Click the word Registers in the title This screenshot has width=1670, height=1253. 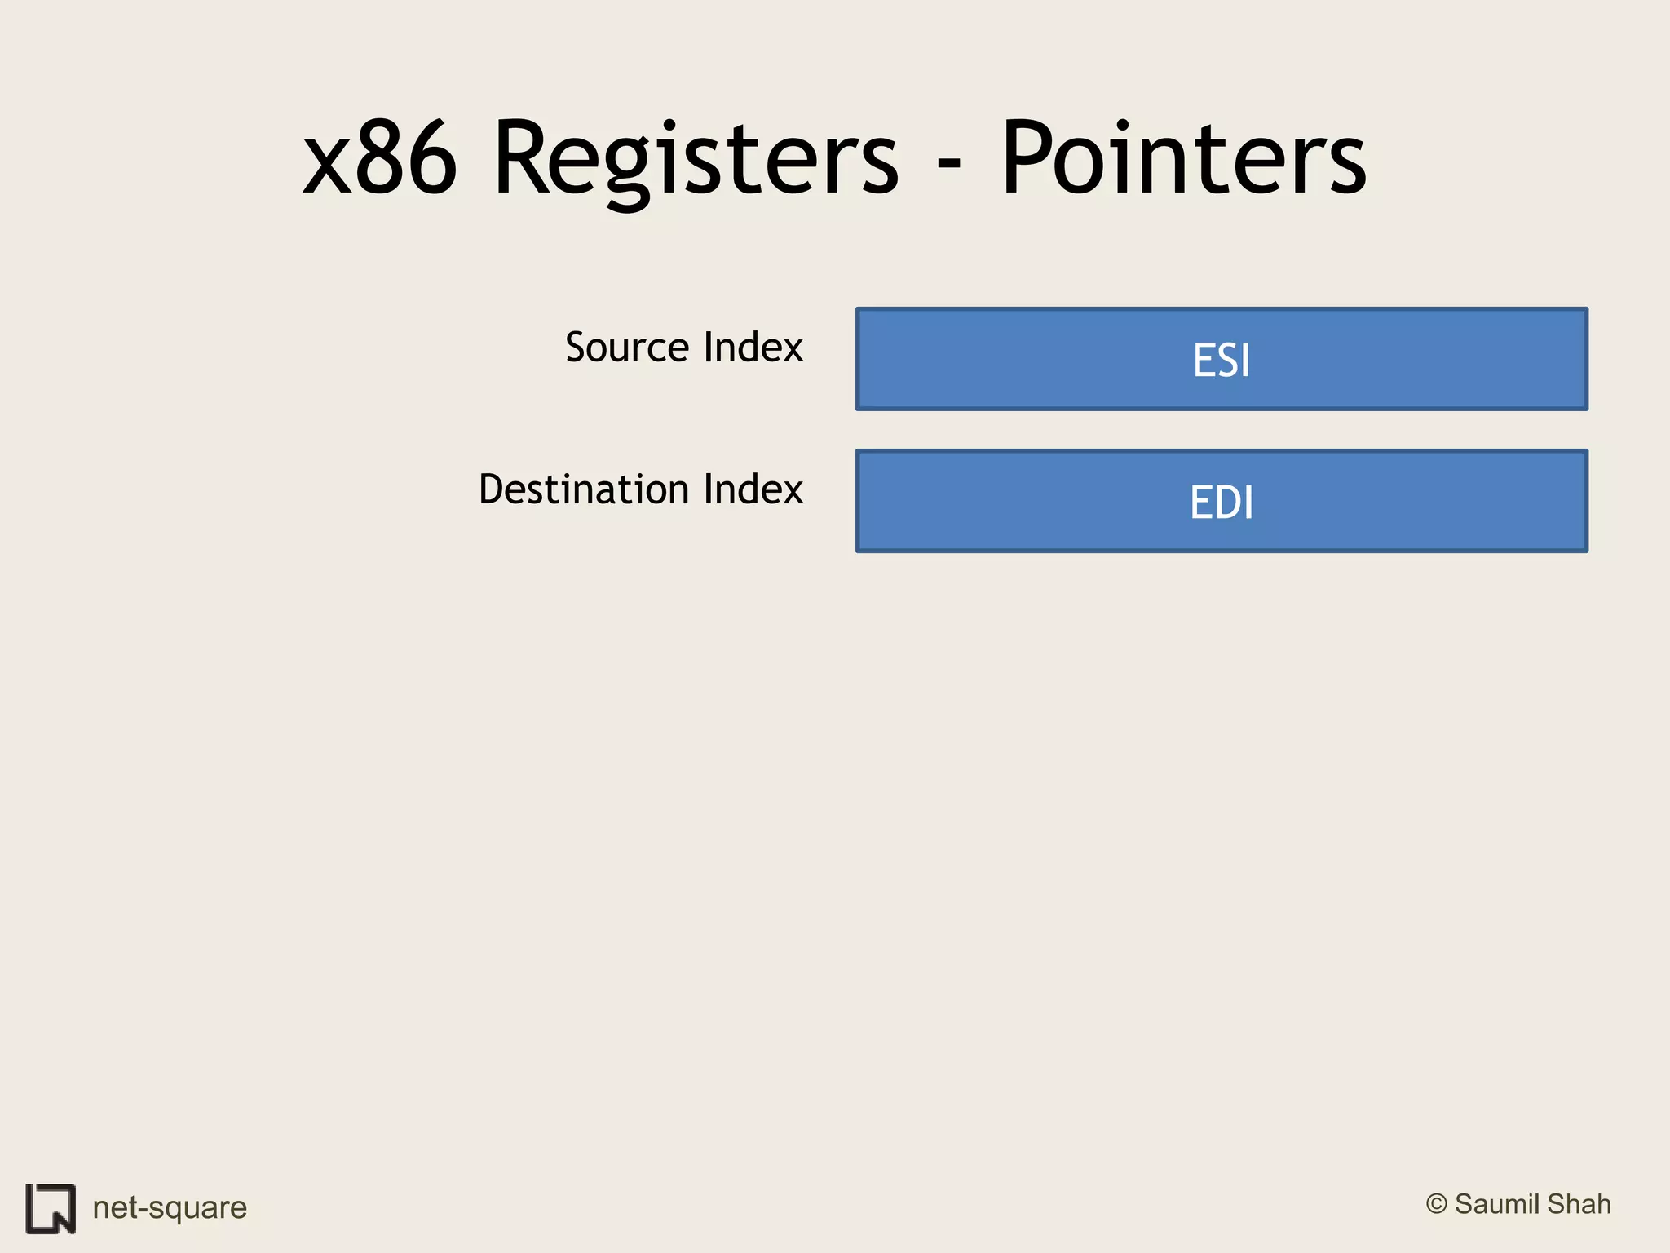(x=696, y=159)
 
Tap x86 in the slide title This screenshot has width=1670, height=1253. (x=380, y=159)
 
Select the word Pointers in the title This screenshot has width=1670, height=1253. (x=1183, y=159)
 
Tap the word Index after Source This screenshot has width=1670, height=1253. (x=753, y=348)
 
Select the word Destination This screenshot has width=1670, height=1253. (x=584, y=489)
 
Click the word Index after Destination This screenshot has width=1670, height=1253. (x=753, y=489)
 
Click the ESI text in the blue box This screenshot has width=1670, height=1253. (x=1221, y=360)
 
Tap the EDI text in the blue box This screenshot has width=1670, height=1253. (x=1221, y=502)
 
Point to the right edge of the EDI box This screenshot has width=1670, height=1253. (x=1586, y=501)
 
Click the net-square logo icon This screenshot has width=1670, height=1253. (x=51, y=1208)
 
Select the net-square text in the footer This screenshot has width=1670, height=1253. (x=170, y=1207)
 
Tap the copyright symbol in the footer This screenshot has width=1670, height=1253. (x=1436, y=1204)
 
